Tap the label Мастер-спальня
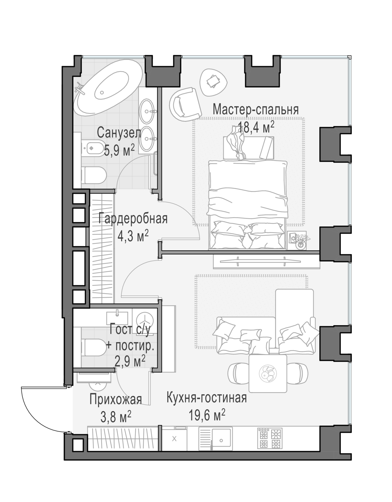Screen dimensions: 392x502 256,109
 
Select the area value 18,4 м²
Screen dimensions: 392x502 256,127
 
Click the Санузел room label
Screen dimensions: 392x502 119,133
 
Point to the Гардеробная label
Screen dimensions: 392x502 133,218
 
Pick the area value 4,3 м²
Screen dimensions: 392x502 133,236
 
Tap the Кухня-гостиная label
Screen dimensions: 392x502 207,397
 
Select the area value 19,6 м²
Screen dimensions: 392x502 207,415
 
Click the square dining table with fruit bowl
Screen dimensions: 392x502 268,374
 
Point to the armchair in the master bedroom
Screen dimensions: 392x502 186,102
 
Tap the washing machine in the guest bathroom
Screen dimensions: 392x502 145,320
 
